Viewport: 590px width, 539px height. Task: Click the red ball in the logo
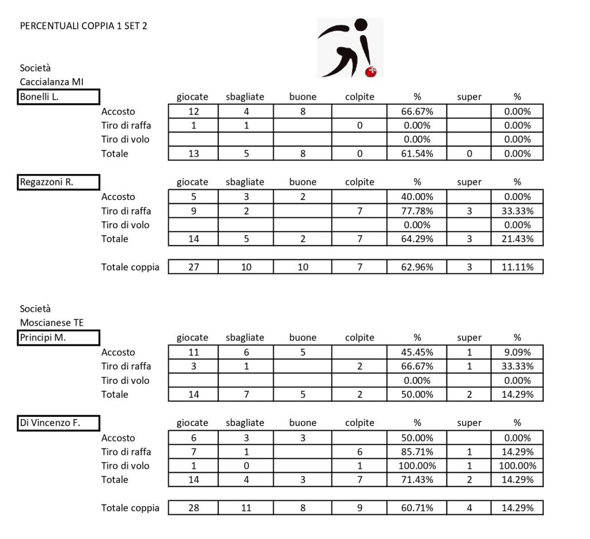pos(372,71)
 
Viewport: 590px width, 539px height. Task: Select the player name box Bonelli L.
pos(59,97)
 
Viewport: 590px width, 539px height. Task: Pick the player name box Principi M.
pos(59,338)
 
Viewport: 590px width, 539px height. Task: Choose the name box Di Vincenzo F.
pos(59,423)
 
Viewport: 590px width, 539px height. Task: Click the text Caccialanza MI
pos(52,82)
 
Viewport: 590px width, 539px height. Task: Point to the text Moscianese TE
pos(52,323)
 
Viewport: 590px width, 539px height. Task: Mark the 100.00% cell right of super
pos(517,466)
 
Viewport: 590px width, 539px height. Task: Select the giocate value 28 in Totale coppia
pos(194,508)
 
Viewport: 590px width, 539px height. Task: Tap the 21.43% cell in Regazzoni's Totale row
pos(517,239)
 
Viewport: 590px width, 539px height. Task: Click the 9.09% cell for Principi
pos(517,352)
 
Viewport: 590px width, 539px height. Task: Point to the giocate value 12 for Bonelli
pos(194,111)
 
